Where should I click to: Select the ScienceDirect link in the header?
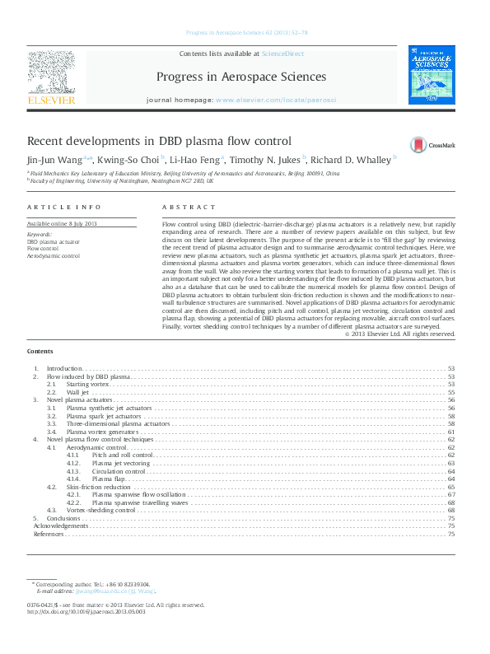tap(282, 53)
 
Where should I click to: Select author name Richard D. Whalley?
tap(350, 160)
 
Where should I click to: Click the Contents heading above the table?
tap(40, 352)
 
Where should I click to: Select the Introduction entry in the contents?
tap(64, 368)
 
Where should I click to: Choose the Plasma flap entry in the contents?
tap(108, 479)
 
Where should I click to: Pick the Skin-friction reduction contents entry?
tap(98, 487)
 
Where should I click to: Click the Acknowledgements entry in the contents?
tap(59, 526)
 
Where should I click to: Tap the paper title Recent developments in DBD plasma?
tap(159, 141)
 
